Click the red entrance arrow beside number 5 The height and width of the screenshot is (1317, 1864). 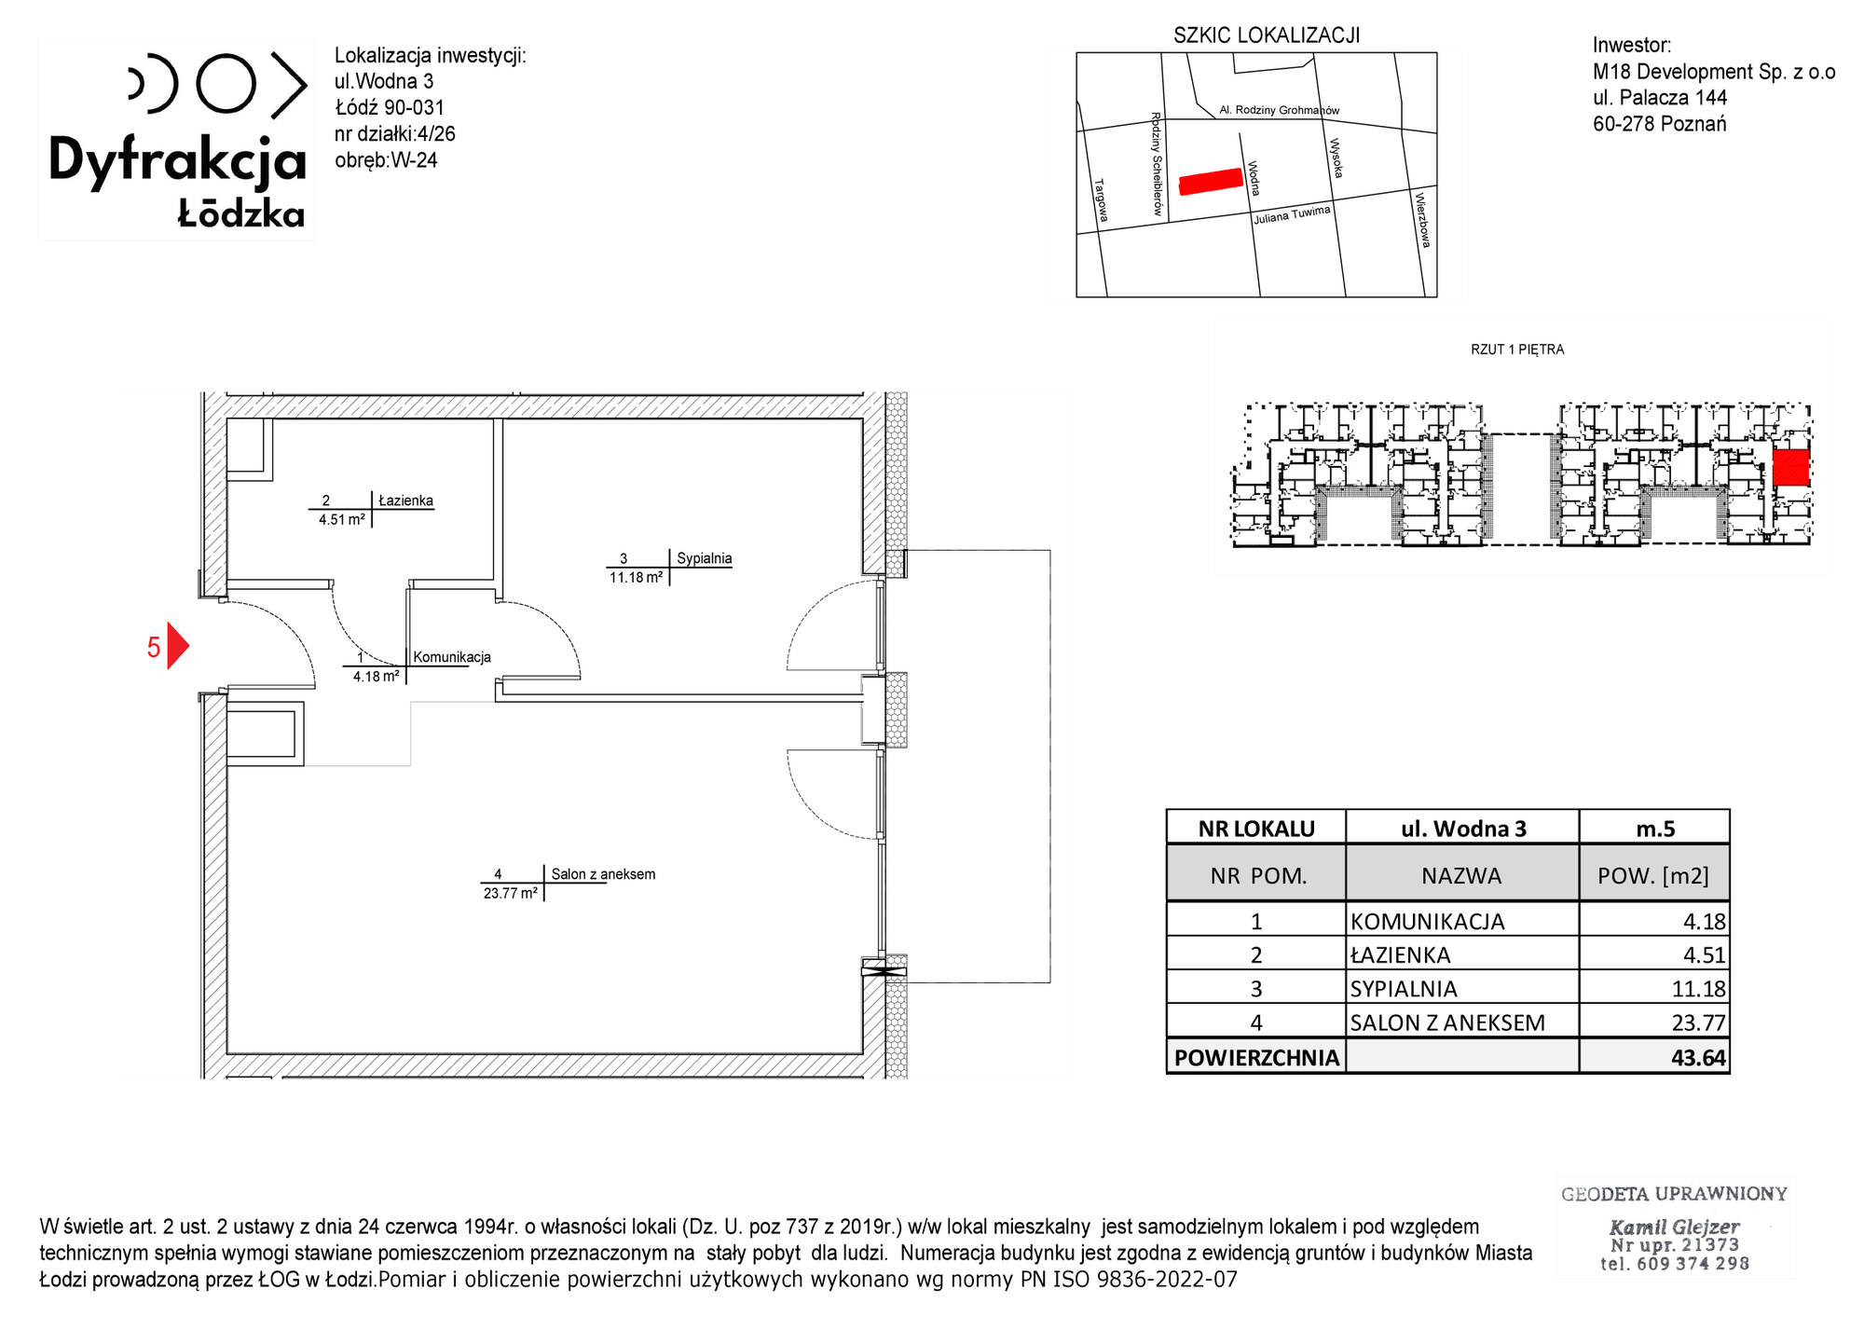(x=177, y=646)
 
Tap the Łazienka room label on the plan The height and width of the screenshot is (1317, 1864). (x=405, y=501)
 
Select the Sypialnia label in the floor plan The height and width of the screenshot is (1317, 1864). (x=704, y=558)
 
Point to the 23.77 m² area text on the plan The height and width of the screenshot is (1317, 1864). (x=510, y=893)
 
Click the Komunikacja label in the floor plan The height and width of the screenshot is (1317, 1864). (x=452, y=657)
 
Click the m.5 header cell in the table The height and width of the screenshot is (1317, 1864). (x=1655, y=829)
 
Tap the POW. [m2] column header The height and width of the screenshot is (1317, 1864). (x=1653, y=876)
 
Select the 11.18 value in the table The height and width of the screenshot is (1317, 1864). (x=1699, y=989)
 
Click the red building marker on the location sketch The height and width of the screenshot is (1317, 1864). (x=1212, y=181)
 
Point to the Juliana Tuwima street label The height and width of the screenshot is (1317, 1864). (x=1292, y=214)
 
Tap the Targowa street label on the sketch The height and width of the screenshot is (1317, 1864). (x=1101, y=200)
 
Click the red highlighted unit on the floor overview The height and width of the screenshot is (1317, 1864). (x=1790, y=468)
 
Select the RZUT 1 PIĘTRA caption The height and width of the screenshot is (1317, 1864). (x=1517, y=350)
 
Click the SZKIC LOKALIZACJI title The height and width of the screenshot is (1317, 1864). (x=1267, y=35)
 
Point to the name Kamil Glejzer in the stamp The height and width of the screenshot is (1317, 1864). (x=1674, y=1227)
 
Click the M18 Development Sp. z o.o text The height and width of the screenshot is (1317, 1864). (x=1714, y=72)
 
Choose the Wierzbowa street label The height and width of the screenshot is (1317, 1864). (x=1422, y=220)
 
